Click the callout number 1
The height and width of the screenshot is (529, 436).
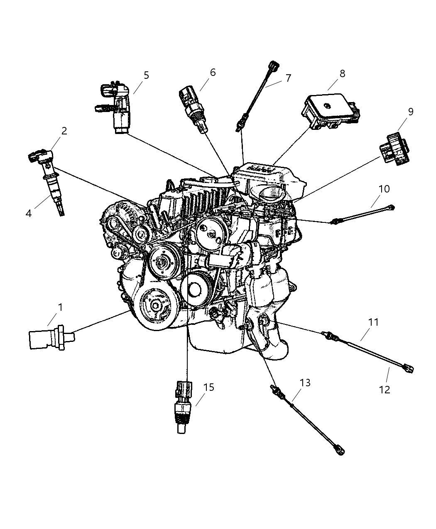pos(60,307)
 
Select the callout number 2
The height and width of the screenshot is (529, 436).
pos(64,131)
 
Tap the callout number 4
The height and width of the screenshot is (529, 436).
pos(28,213)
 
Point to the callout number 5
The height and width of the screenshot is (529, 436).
pos(146,75)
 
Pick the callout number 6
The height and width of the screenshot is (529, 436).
pos(213,72)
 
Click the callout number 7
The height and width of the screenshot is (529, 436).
pos(288,78)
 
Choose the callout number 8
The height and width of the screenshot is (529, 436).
pos(342,73)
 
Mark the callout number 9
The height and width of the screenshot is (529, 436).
pos(410,111)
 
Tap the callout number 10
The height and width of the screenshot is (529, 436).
pos(384,189)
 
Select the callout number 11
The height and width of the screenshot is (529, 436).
pos(374,322)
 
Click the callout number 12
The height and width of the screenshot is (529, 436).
pos(385,390)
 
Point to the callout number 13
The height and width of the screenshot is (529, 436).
pos(305,383)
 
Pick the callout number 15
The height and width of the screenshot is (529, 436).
pos(209,387)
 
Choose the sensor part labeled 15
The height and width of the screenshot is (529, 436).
pos(183,405)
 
